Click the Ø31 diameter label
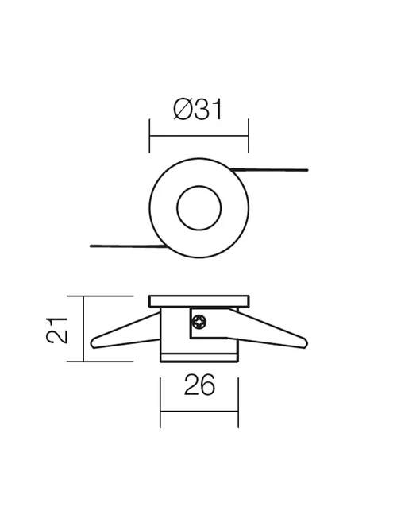coord(198,109)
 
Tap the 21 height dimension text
coord(56,331)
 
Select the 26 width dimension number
coord(199,385)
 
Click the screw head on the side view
coord(199,322)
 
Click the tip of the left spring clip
coord(91,344)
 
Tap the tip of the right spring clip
coord(306,343)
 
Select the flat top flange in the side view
coord(199,301)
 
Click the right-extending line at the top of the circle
coord(269,170)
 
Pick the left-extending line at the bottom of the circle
coord(129,246)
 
